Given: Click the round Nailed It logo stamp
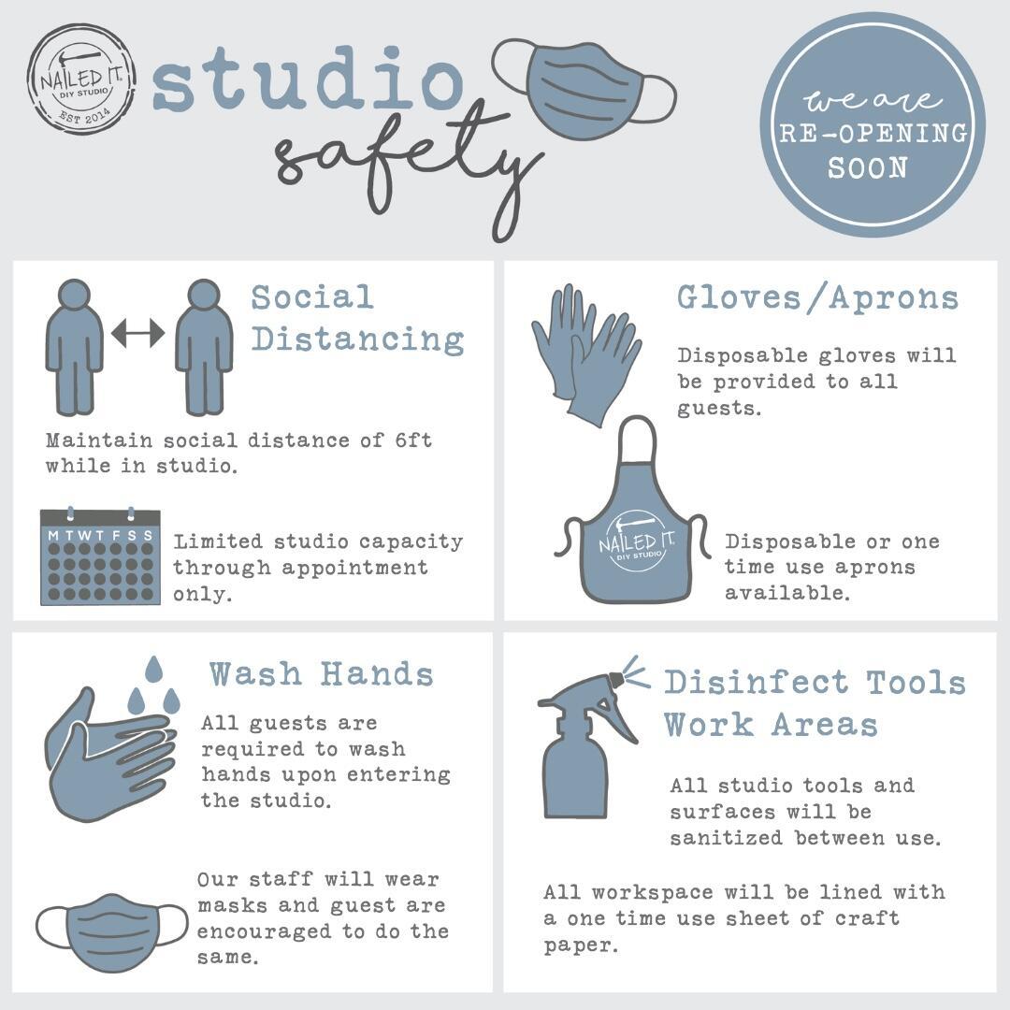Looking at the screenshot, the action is tap(81, 79).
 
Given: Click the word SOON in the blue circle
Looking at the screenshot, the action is tap(868, 168).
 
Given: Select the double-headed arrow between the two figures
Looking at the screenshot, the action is tap(137, 332).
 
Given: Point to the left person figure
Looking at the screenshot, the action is tap(74, 347).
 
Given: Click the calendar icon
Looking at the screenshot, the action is tap(100, 556).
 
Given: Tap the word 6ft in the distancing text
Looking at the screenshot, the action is tap(413, 440).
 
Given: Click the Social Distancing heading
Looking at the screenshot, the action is tap(357, 318).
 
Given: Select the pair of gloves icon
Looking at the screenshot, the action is tap(586, 354).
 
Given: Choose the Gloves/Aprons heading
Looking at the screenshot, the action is tap(817, 297).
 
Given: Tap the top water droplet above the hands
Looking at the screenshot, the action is tap(153, 670).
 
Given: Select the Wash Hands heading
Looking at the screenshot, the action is tap(321, 673).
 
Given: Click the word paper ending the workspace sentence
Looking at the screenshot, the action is tap(581, 945).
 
